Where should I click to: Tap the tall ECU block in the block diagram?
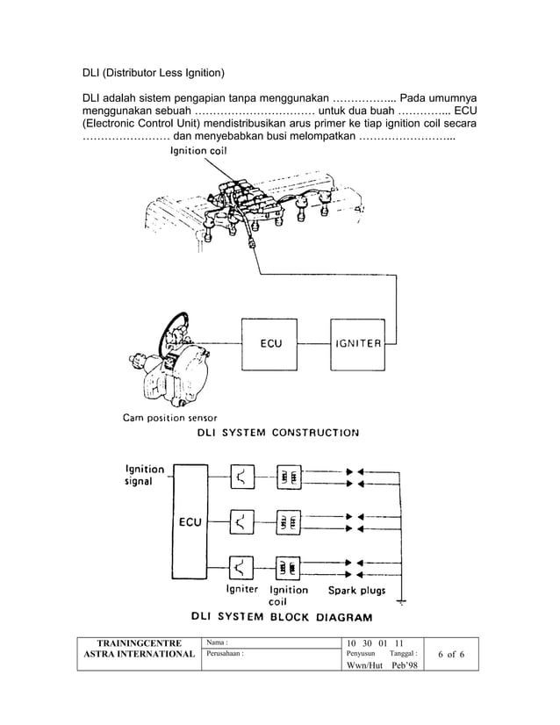point(190,521)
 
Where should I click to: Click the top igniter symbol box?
point(242,477)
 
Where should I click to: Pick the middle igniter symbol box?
point(242,521)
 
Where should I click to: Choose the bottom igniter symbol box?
point(242,566)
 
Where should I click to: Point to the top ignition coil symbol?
point(288,477)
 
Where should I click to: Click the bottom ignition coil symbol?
point(288,566)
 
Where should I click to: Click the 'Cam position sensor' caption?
point(170,418)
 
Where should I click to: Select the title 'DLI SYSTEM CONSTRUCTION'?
point(278,433)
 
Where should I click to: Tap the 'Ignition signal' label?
point(144,475)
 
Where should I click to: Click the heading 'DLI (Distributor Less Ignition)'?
point(154,71)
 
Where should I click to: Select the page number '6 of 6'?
point(451,655)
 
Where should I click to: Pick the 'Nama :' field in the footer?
point(219,643)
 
